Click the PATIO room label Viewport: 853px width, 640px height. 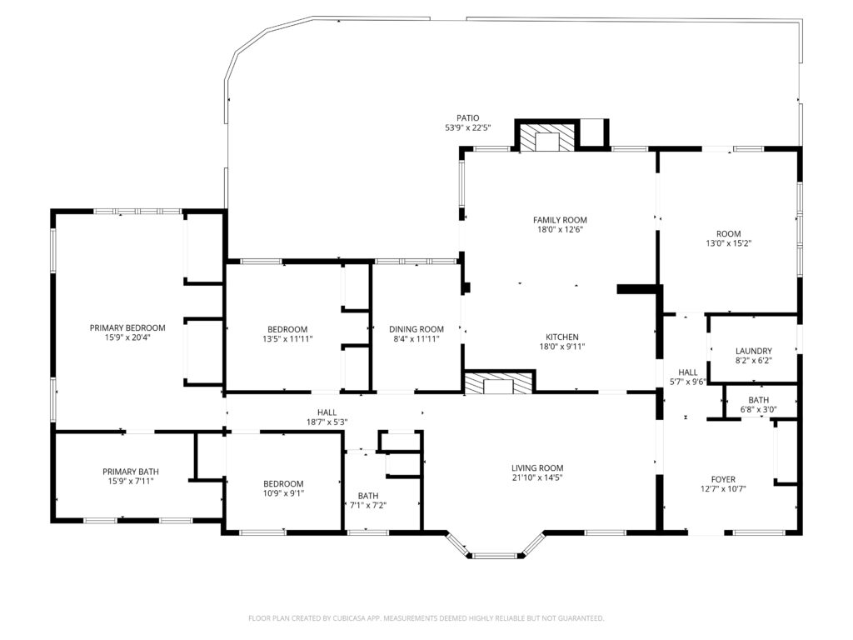click(468, 118)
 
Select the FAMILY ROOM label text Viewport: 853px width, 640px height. click(560, 220)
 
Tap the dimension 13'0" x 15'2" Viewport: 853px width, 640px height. click(728, 243)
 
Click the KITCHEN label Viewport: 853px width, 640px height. click(562, 337)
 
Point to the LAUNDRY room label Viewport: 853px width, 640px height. click(753, 351)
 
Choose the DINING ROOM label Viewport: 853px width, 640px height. click(417, 329)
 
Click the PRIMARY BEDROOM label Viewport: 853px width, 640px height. click(127, 327)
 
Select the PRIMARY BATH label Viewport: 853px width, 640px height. click(131, 472)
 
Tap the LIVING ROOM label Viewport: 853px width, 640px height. click(537, 468)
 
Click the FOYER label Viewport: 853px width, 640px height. click(723, 479)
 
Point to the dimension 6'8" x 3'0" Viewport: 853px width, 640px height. click(758, 410)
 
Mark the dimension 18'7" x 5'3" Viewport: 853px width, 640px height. click(327, 422)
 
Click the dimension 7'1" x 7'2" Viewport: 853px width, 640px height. click(368, 505)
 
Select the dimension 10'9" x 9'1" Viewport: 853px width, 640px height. click(283, 493)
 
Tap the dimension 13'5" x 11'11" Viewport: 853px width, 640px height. click(287, 338)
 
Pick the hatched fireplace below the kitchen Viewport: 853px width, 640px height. click(498, 382)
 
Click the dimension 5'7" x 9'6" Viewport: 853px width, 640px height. click(687, 382)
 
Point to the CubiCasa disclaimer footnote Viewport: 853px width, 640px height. click(426, 618)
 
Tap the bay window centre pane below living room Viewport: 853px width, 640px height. click(496, 556)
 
